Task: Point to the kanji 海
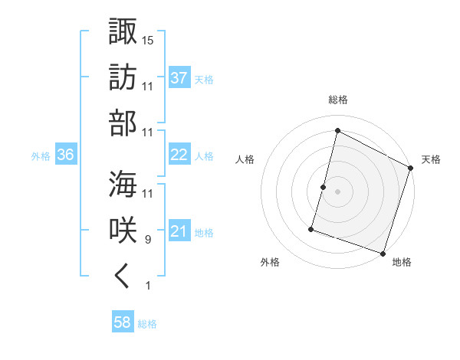pyautogui.click(x=123, y=184)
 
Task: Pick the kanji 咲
pyautogui.click(x=123, y=231)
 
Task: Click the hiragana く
pyautogui.click(x=123, y=277)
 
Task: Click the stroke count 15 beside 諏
pyautogui.click(x=148, y=40)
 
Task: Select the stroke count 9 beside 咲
pyautogui.click(x=148, y=240)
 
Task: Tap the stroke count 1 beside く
pyautogui.click(x=148, y=286)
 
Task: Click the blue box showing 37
pyautogui.click(x=179, y=77)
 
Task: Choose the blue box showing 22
pyautogui.click(x=179, y=155)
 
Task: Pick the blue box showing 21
pyautogui.click(x=179, y=231)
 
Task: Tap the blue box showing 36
pyautogui.click(x=65, y=155)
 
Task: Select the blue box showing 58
pyautogui.click(x=122, y=323)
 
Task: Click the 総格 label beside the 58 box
pyautogui.click(x=148, y=324)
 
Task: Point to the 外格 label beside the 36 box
pyautogui.click(x=41, y=155)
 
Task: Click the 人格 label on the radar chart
pyautogui.click(x=245, y=159)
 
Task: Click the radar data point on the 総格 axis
pyautogui.click(x=337, y=131)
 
